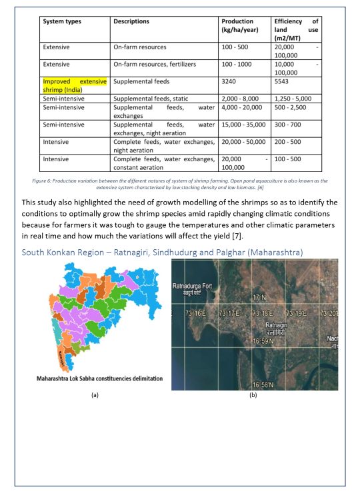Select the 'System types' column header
pos(62,21)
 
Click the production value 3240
pos(231,81)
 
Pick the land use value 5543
pos(284,81)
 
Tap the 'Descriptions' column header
pos(131,21)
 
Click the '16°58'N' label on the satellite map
pos(265,384)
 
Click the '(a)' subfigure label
pos(95,394)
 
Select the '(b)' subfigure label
pos(253,394)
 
